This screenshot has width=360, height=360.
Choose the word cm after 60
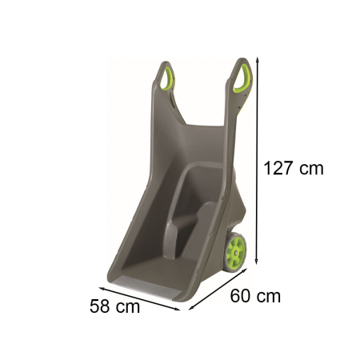[270, 296]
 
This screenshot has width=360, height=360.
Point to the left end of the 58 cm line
[100, 280]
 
